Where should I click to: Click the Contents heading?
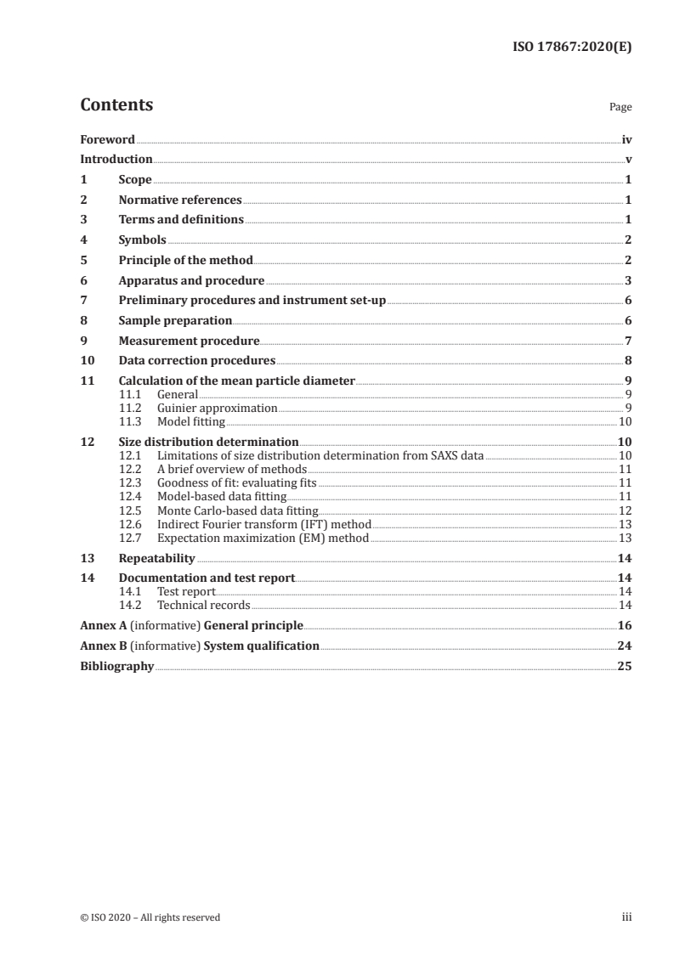click(116, 105)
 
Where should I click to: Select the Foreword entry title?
click(107, 138)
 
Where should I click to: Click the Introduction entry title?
click(116, 159)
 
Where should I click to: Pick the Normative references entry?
click(180, 200)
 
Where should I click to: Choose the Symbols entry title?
click(142, 240)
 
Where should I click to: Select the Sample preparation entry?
click(175, 321)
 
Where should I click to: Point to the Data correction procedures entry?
click(197, 361)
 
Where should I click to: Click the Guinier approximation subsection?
click(218, 408)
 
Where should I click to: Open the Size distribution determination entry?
click(208, 442)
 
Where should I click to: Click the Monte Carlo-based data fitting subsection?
click(238, 510)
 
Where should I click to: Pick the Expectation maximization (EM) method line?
click(263, 538)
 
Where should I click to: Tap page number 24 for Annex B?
click(625, 646)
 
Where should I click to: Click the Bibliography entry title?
click(116, 666)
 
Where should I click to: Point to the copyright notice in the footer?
click(150, 917)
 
